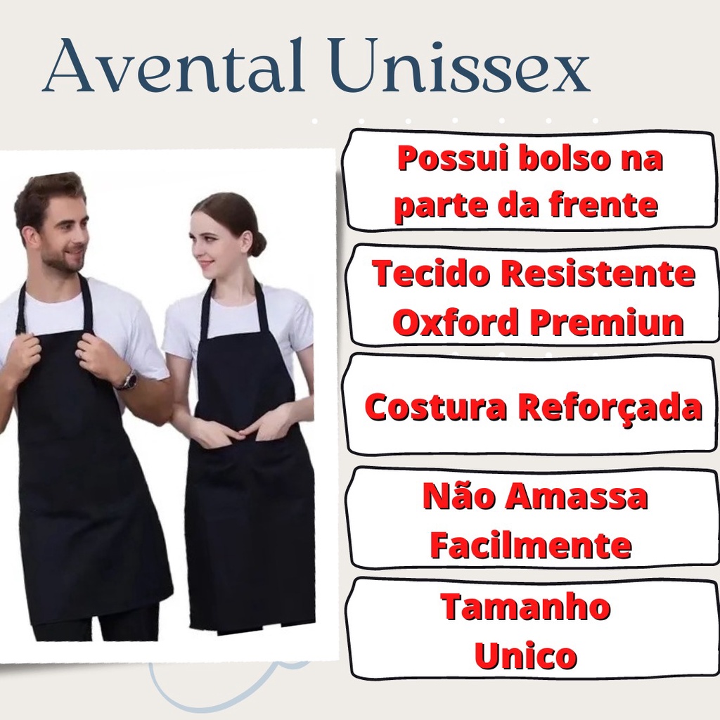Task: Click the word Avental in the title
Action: click(173, 65)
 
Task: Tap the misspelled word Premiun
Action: click(607, 322)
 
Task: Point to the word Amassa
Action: click(577, 496)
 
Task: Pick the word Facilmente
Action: click(531, 545)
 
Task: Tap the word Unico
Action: click(526, 656)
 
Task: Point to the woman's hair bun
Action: click(258, 243)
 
